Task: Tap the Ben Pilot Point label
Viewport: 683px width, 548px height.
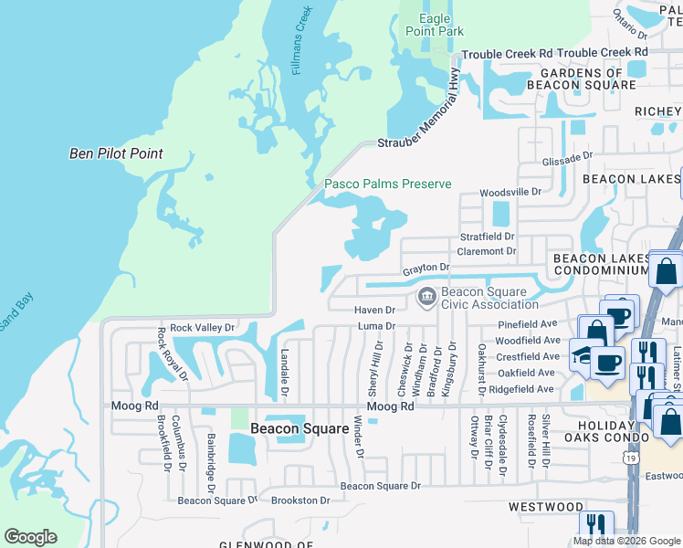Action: pyautogui.click(x=116, y=153)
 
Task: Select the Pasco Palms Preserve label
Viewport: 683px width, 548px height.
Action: pyautogui.click(x=388, y=184)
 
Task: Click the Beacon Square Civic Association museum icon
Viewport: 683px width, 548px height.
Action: pyautogui.click(x=426, y=298)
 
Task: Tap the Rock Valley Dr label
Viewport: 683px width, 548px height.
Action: pyautogui.click(x=203, y=327)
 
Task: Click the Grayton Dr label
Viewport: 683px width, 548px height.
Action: pyautogui.click(x=427, y=268)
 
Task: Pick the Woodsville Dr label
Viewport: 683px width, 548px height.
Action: pyautogui.click(x=511, y=193)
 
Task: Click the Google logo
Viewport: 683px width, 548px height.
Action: pyautogui.click(x=30, y=537)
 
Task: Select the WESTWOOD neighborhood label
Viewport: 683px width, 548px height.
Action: pyautogui.click(x=546, y=507)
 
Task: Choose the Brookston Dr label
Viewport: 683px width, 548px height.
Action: pyautogui.click(x=299, y=501)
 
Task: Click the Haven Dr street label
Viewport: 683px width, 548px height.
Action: pyautogui.click(x=374, y=311)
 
